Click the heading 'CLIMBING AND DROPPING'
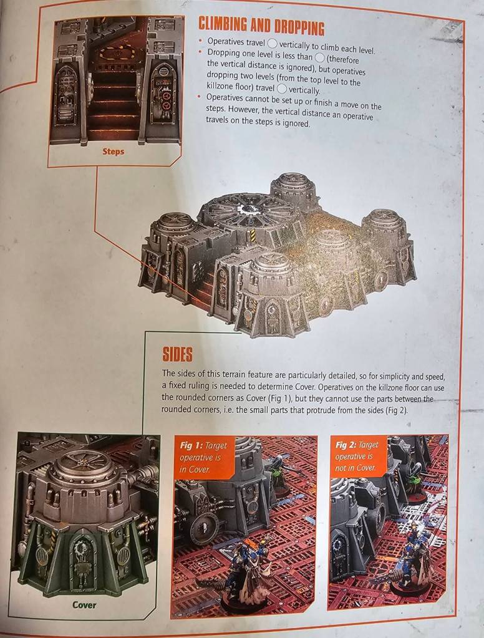click(x=262, y=26)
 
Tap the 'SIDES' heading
click(x=178, y=354)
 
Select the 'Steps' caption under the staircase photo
click(x=113, y=152)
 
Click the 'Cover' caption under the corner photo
click(x=84, y=605)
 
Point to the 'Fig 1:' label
click(x=191, y=445)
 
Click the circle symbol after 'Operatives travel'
click(x=273, y=43)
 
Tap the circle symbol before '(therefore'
click(x=320, y=58)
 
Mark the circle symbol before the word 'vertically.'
click(x=282, y=89)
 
